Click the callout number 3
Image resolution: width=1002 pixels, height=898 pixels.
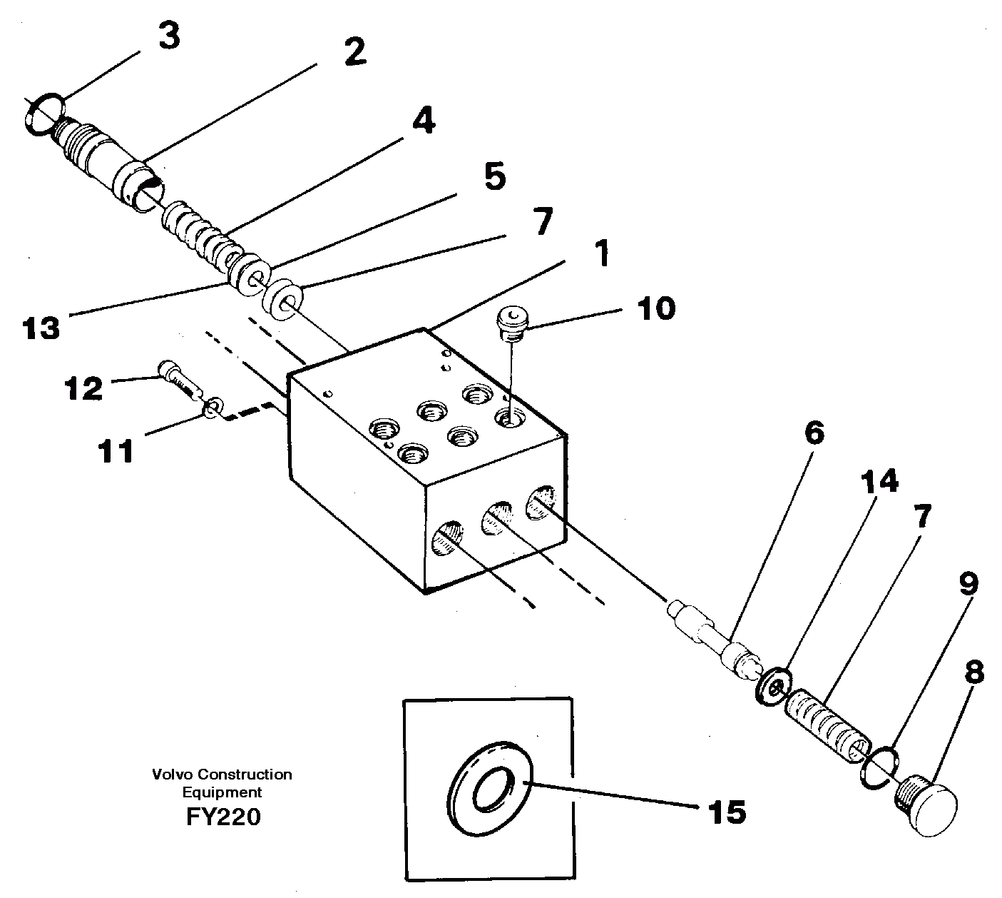tap(168, 36)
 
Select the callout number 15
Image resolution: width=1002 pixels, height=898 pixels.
tap(726, 812)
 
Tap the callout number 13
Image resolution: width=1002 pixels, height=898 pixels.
tap(41, 328)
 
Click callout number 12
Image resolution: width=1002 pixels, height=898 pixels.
tap(83, 389)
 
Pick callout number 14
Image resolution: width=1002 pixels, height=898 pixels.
tap(878, 482)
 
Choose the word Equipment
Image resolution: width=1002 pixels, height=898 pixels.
tap(222, 792)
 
